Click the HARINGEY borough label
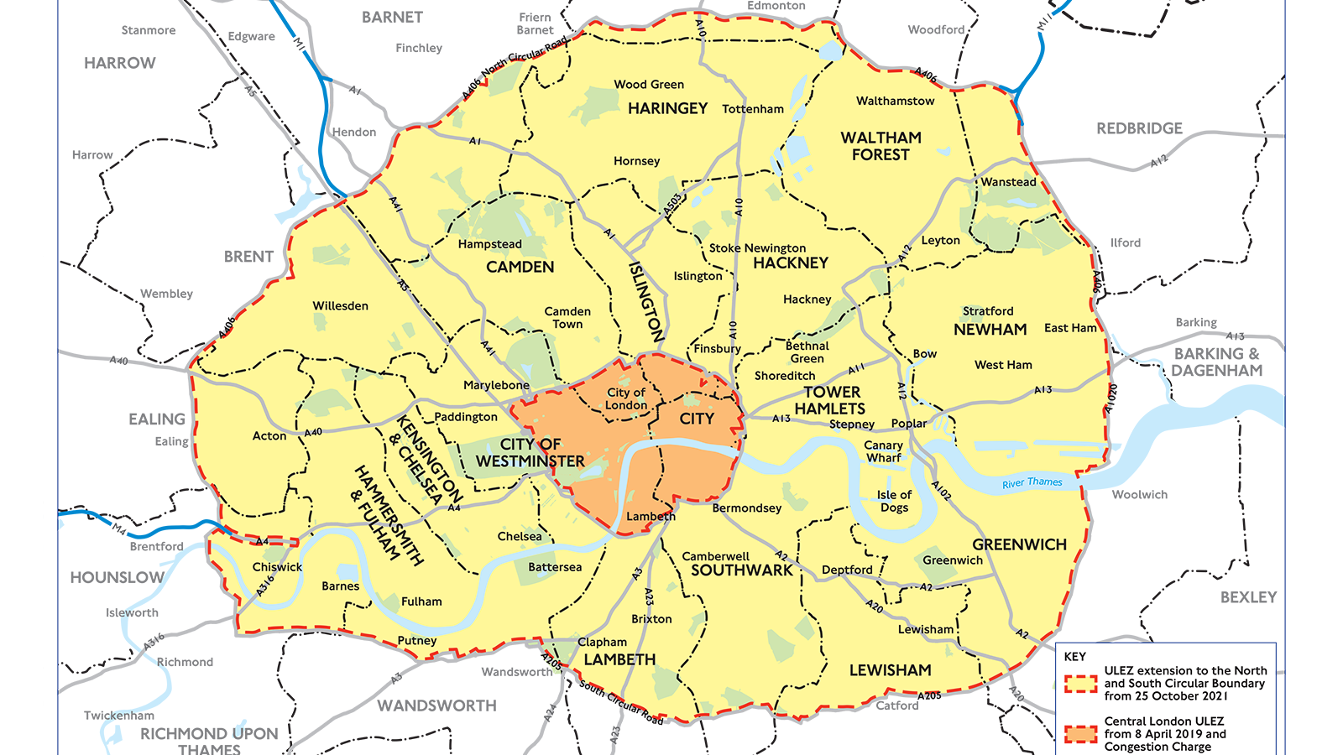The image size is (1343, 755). tap(667, 108)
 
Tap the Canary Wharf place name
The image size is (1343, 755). tap(883, 451)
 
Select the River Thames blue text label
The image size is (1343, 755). tap(1032, 482)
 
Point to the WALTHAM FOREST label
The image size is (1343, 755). tap(881, 146)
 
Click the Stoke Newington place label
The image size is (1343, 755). tap(756, 248)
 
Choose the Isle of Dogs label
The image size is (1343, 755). tap(894, 501)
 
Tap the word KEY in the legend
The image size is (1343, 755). tap(1074, 656)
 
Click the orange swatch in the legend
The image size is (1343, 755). tap(1080, 734)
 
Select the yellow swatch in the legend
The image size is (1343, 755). tap(1080, 684)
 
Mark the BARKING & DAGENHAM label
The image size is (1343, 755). tap(1216, 362)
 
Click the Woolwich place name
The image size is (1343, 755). tap(1139, 495)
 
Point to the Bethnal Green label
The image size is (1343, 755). tap(807, 352)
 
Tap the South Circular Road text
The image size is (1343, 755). tap(621, 703)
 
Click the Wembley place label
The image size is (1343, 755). tap(166, 294)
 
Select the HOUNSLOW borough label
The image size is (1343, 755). tap(117, 577)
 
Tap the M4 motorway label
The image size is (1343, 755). tap(119, 528)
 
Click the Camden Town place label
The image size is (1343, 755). tap(567, 317)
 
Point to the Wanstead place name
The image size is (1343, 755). tap(1008, 182)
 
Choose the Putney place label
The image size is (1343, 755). tap(417, 641)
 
